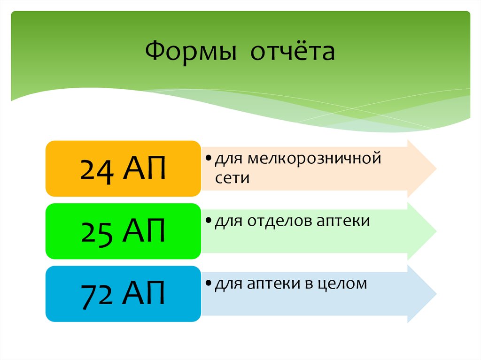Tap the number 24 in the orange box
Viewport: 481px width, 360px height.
[x=97, y=170]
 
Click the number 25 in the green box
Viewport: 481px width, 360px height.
[x=97, y=232]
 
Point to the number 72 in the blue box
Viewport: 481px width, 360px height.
[x=97, y=295]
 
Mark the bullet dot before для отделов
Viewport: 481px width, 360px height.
[x=208, y=221]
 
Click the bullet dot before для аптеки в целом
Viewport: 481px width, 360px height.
[x=208, y=284]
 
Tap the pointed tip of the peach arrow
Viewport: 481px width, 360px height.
[x=435, y=168]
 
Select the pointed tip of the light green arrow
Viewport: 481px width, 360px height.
[x=435, y=231]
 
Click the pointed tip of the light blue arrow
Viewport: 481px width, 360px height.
[x=435, y=294]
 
